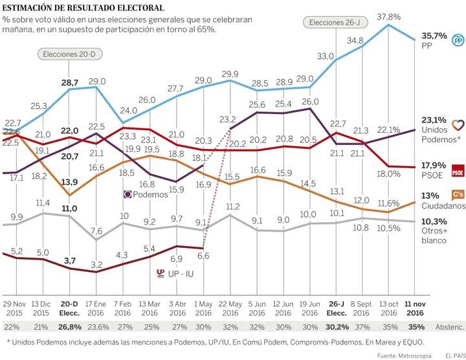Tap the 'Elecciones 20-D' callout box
pos(69,54)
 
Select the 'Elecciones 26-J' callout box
pos(333,23)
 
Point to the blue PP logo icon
pos(457,40)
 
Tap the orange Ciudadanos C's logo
pos(457,196)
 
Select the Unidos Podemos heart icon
pos(457,125)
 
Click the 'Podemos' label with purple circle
pos(146,194)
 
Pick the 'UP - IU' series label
pos(176,273)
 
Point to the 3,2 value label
pos(97,264)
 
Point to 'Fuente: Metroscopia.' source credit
pos(397,354)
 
